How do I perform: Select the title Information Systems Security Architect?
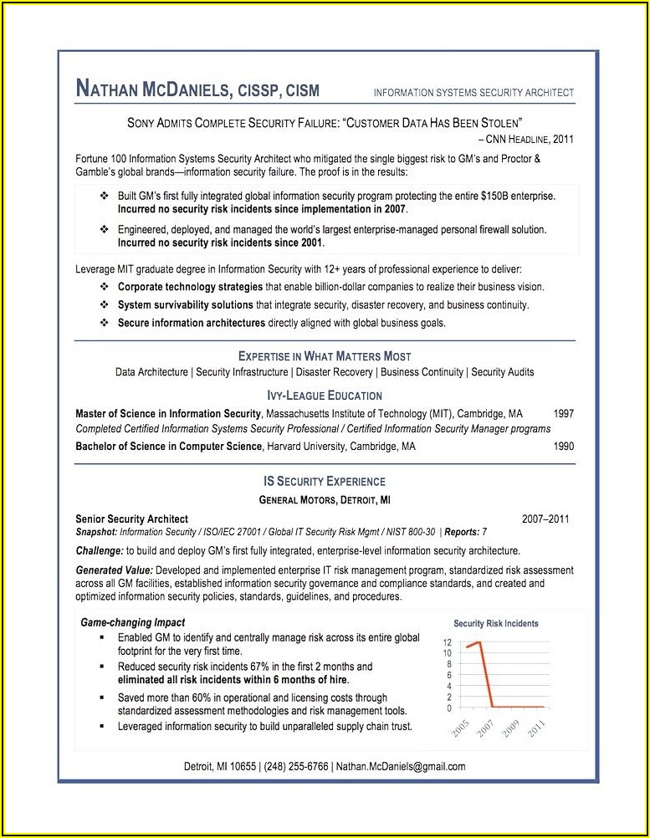point(473,93)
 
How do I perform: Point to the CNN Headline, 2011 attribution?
point(525,139)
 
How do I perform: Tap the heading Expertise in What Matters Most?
point(325,356)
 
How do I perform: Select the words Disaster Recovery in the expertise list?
point(335,372)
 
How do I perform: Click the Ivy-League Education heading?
point(325,396)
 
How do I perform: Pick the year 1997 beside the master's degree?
point(564,413)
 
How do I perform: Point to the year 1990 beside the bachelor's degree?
point(564,447)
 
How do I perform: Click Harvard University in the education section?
point(305,447)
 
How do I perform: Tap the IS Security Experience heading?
point(325,482)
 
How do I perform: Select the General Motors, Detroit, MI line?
point(325,500)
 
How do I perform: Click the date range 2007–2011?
point(545,519)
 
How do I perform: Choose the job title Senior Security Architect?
point(131,519)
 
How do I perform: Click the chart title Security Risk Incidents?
point(496,623)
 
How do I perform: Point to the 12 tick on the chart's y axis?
point(448,642)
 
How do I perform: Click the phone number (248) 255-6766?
point(297,766)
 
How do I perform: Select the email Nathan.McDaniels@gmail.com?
point(401,766)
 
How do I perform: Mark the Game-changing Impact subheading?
point(132,623)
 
